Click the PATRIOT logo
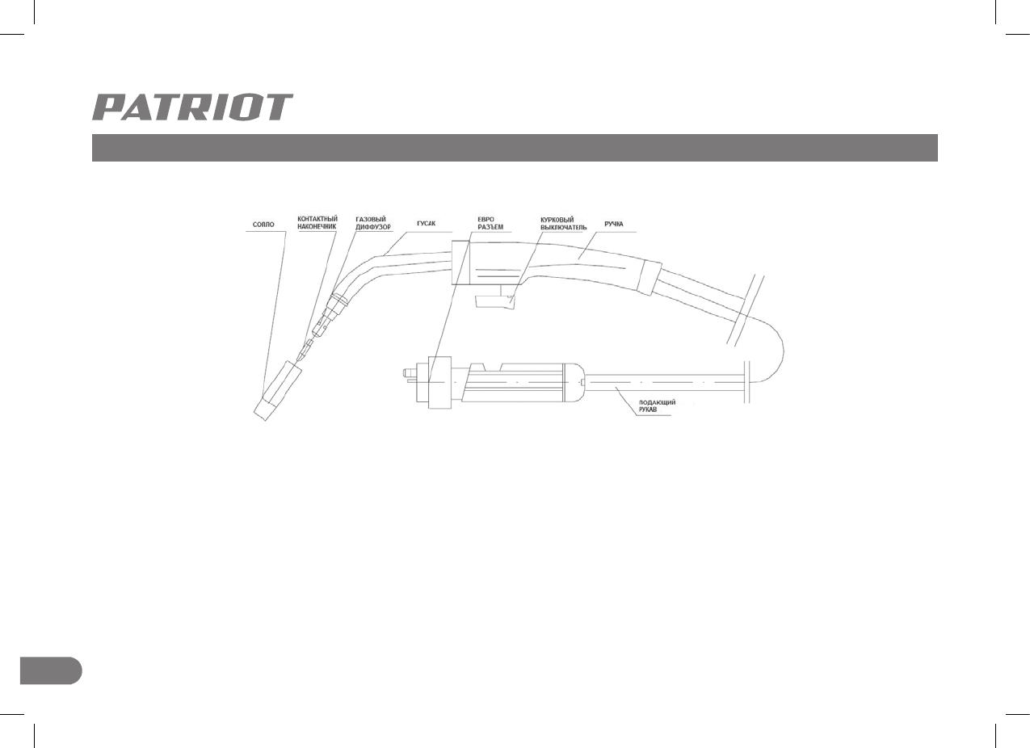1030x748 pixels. click(192, 107)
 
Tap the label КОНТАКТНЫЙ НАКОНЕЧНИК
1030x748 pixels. click(317, 223)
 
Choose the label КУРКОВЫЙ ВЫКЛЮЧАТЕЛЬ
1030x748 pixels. click(563, 223)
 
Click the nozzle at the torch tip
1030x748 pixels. click(277, 390)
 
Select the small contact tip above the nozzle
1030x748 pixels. click(304, 351)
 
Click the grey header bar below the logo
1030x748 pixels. click(514, 148)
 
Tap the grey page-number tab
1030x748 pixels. click(50, 670)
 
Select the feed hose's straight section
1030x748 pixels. click(662, 380)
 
